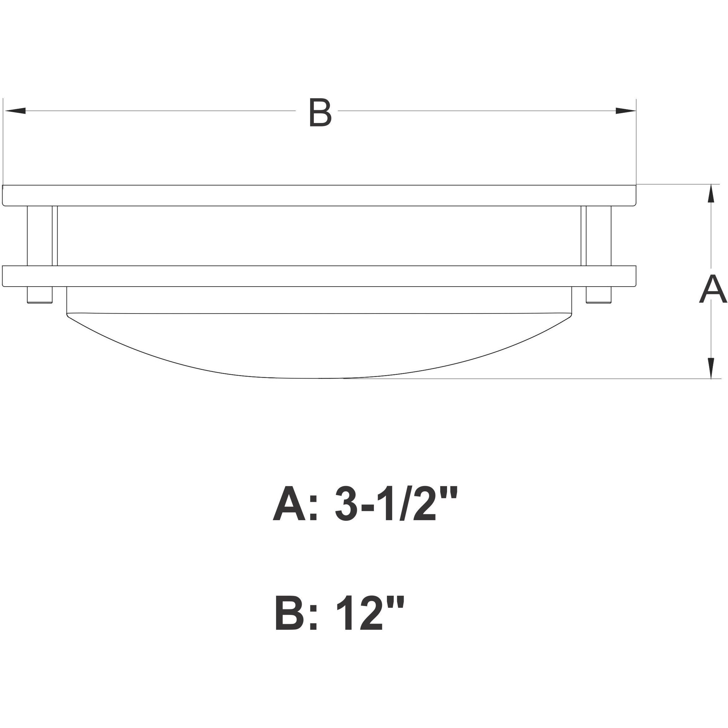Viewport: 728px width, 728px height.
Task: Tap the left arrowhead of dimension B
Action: click(x=15, y=111)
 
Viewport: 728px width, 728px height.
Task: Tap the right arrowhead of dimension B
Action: click(x=625, y=111)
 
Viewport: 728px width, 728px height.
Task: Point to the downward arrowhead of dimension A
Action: click(x=711, y=367)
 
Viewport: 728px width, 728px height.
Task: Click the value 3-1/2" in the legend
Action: click(x=396, y=504)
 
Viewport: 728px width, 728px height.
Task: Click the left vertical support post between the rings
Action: click(x=42, y=236)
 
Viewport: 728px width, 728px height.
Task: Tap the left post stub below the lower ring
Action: click(x=40, y=295)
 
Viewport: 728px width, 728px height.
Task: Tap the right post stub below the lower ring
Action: click(x=599, y=295)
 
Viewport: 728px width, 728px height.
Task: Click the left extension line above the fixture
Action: click(x=3, y=143)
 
